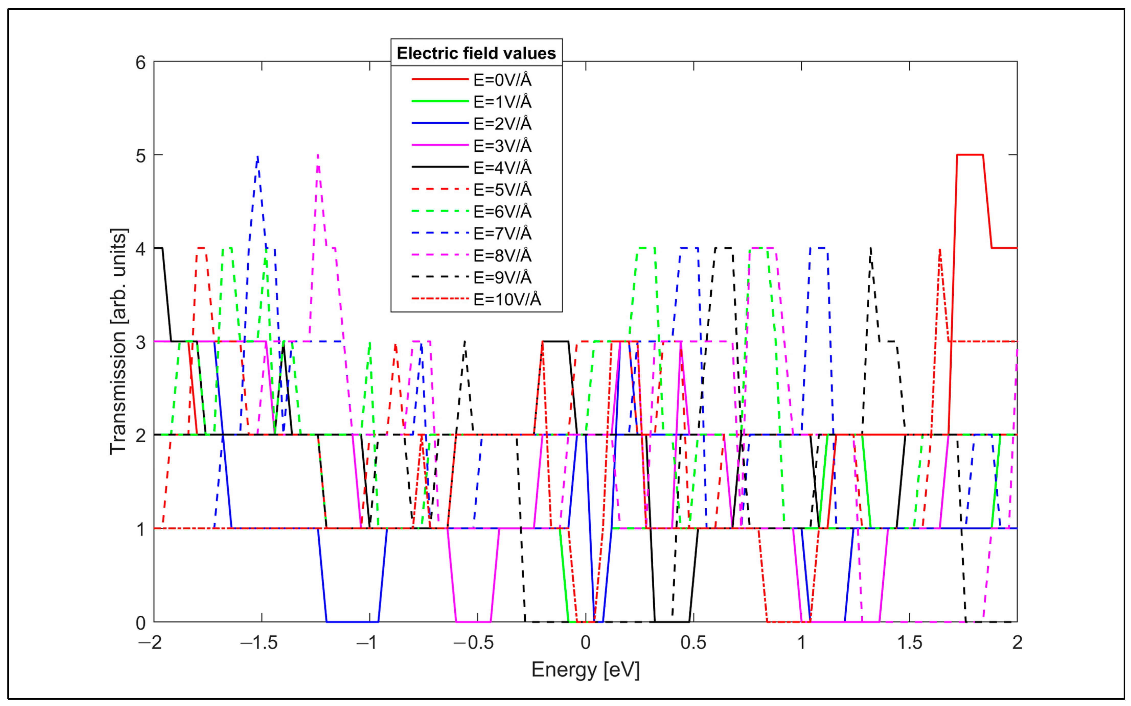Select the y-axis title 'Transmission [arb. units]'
point(118,341)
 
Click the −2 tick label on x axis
point(151,643)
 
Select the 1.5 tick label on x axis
point(909,643)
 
